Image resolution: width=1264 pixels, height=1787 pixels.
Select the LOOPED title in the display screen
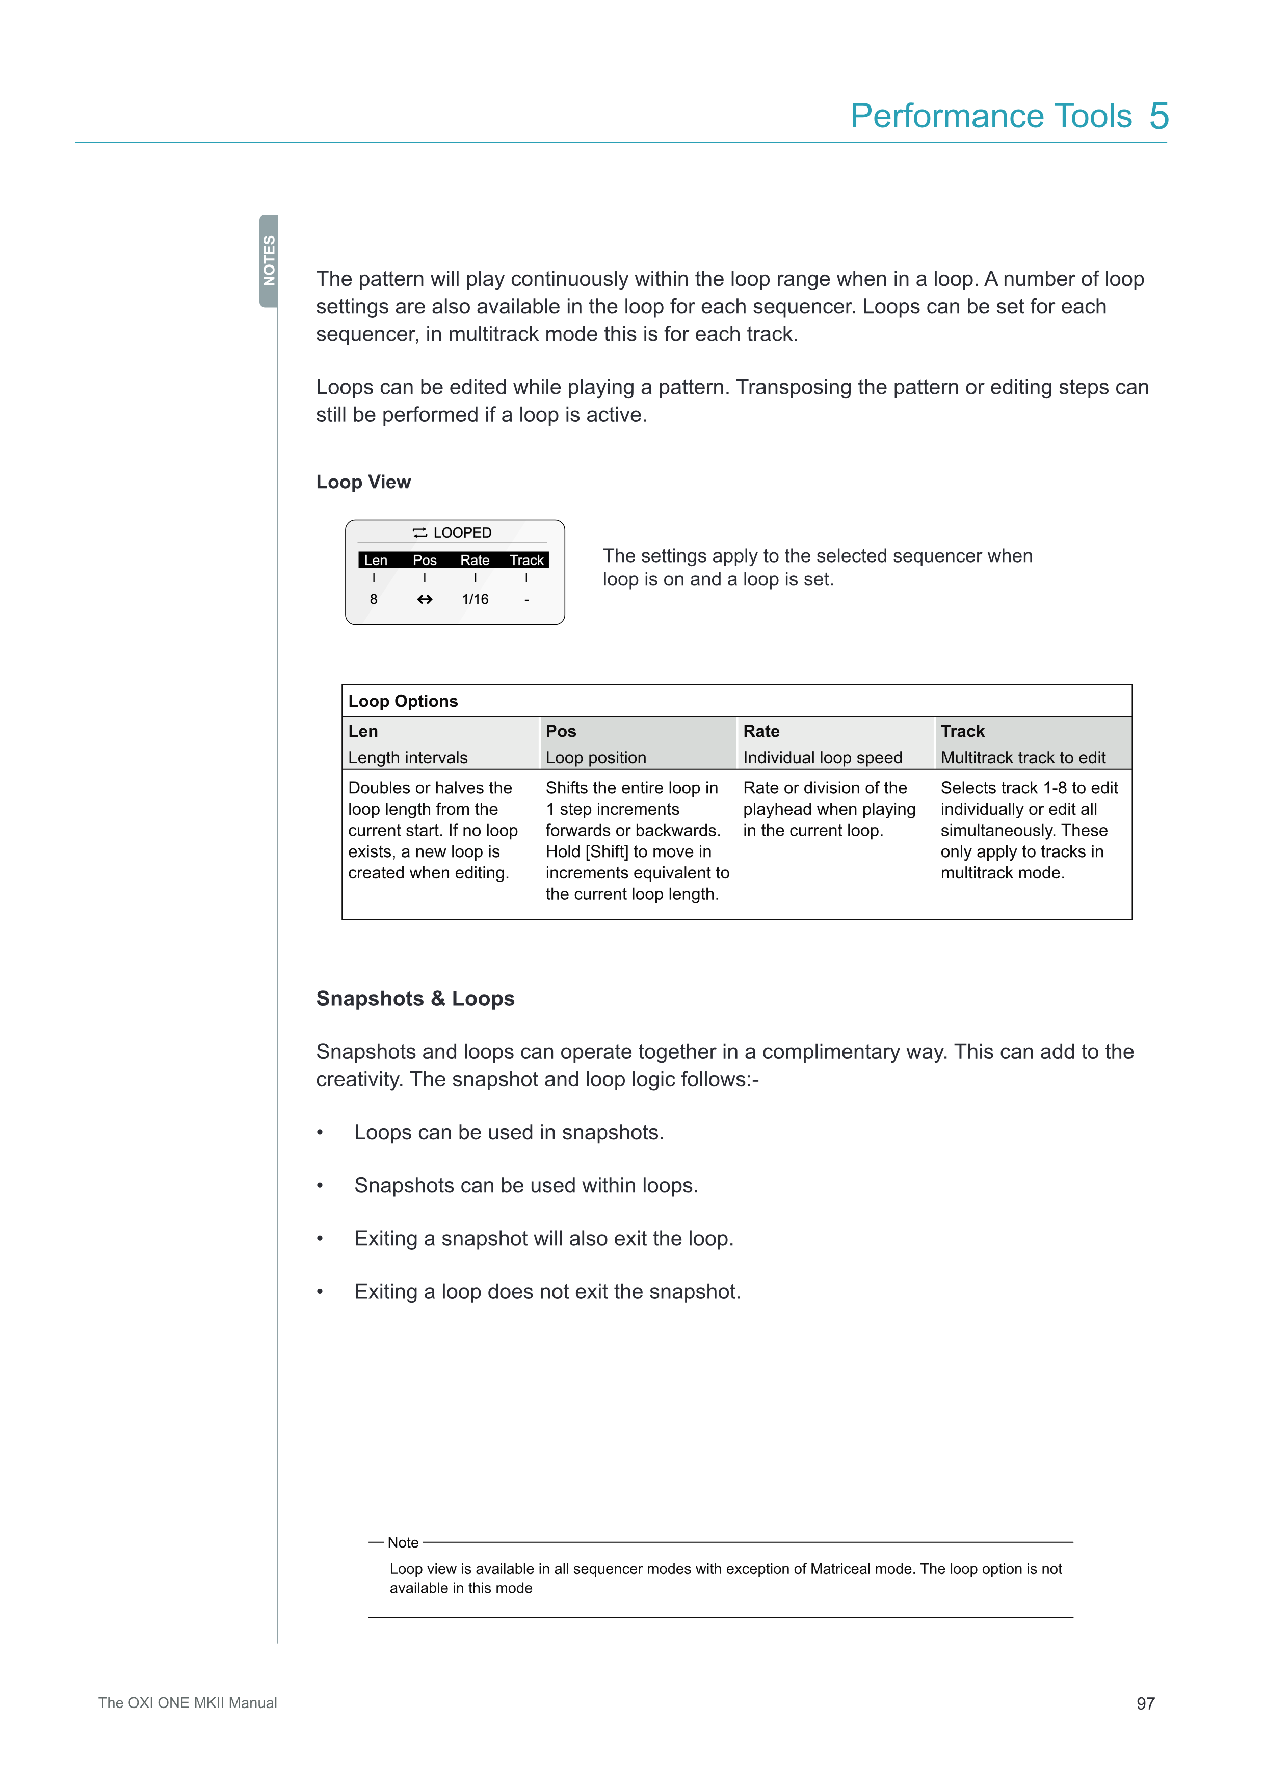(462, 532)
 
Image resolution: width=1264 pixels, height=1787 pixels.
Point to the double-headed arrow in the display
(424, 599)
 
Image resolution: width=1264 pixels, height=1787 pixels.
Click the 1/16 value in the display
(475, 599)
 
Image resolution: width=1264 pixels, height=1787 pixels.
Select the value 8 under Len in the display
(374, 599)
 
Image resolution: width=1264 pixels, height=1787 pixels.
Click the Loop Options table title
(403, 701)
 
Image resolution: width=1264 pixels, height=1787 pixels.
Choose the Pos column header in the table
(561, 732)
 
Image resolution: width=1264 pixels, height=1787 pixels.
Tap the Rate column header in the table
(760, 732)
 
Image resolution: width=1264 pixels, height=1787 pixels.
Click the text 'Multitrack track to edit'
(1023, 758)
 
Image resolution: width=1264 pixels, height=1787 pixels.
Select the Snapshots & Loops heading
(415, 999)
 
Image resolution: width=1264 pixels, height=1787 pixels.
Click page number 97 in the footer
(1145, 1704)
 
